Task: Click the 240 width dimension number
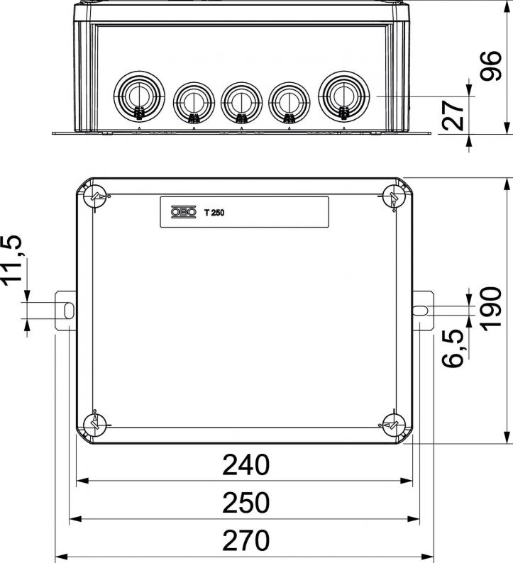246,465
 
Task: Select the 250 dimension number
246,503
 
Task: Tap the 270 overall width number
246,540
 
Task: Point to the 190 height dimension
491,308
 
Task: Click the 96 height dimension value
491,66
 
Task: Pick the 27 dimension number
453,116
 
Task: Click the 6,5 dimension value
453,348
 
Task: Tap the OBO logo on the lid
184,212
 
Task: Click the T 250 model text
214,213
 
